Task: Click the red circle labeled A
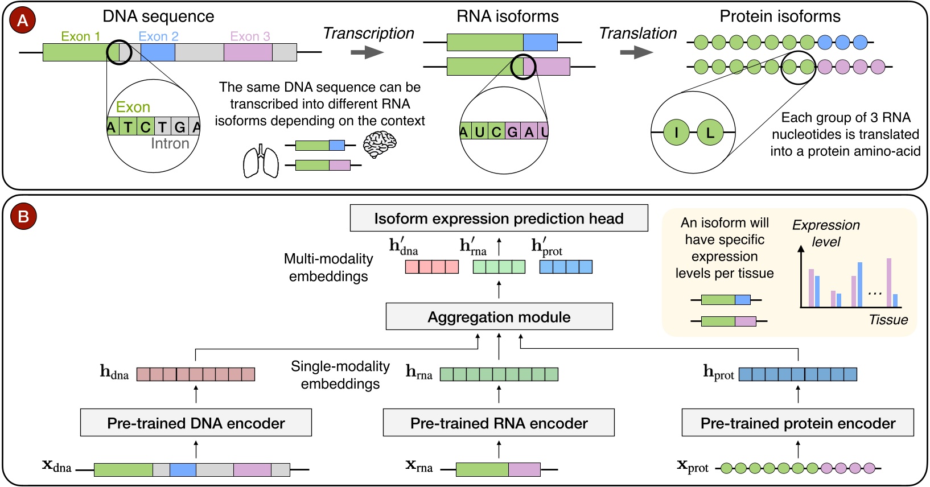click(x=23, y=20)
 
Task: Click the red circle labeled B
click(x=23, y=216)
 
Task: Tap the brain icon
click(x=380, y=145)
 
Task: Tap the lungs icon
click(x=261, y=162)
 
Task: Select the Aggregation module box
click(x=499, y=317)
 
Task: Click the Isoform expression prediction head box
click(x=499, y=218)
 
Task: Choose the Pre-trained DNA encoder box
click(x=196, y=423)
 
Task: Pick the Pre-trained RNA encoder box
click(x=499, y=423)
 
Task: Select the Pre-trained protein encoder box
click(x=797, y=423)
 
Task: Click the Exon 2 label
click(x=158, y=36)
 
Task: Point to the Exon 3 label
click(x=250, y=36)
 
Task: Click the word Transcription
click(x=368, y=34)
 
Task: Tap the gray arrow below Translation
click(x=636, y=53)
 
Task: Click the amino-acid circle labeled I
click(x=676, y=133)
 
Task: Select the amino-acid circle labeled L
click(x=710, y=133)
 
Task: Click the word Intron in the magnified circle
click(x=170, y=144)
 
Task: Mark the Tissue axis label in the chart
click(x=888, y=320)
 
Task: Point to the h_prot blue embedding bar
click(x=797, y=374)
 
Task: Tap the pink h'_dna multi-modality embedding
click(x=431, y=266)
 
